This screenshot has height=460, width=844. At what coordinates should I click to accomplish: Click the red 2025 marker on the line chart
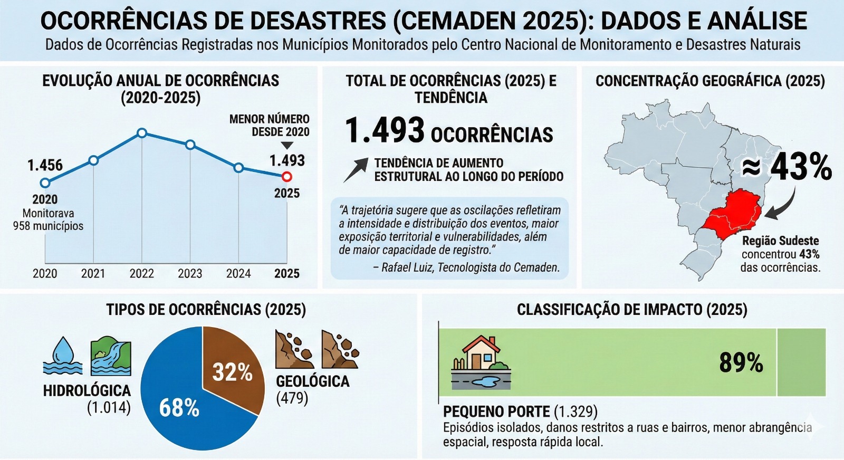tap(286, 176)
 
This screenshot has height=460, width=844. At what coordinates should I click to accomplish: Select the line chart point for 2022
tap(141, 133)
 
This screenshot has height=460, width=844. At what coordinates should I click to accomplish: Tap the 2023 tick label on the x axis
tap(190, 273)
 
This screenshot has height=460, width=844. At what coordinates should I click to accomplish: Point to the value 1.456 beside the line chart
tap(45, 165)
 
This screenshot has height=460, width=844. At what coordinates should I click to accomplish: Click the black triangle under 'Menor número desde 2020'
tap(287, 146)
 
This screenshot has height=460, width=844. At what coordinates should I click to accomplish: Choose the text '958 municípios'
tap(49, 226)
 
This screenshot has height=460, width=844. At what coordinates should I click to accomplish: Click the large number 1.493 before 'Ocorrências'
tap(385, 130)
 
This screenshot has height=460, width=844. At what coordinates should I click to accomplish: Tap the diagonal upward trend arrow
tap(356, 170)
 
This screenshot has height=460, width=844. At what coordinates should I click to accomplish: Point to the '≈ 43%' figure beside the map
tap(787, 167)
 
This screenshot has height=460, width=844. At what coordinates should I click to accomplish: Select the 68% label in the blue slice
tap(179, 408)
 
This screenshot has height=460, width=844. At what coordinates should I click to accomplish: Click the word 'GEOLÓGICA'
tap(313, 381)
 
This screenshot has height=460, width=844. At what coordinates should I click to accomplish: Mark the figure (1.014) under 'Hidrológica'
tap(109, 407)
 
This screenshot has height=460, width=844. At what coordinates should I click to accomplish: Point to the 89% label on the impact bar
tap(741, 363)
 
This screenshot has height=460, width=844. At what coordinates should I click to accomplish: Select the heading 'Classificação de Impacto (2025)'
tap(632, 310)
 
